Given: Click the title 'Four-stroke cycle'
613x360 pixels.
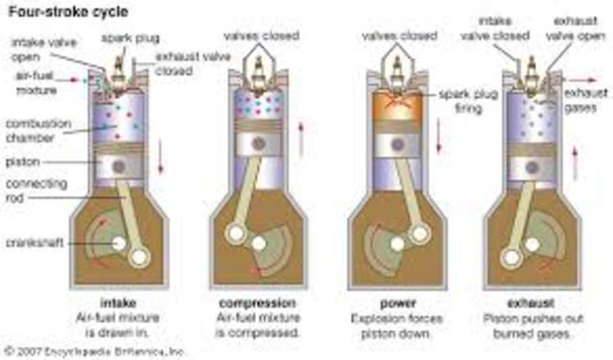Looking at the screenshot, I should click(58, 11).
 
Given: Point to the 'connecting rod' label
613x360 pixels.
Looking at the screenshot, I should click(33, 189).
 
